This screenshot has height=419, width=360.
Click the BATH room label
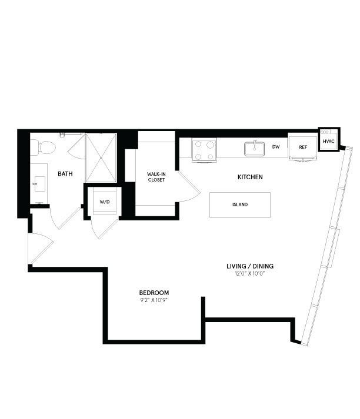pyautogui.click(x=65, y=174)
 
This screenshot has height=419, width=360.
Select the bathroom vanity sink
pyautogui.click(x=39, y=184)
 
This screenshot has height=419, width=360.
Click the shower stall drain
pyautogui.click(x=101, y=158)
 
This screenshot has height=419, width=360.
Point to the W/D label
pyautogui.click(x=105, y=202)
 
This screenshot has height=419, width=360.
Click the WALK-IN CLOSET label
pyautogui.click(x=156, y=177)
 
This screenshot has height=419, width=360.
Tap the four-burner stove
pyautogui.click(x=204, y=150)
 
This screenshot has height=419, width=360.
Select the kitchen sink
pyautogui.click(x=254, y=149)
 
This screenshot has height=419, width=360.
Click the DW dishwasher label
pyautogui.click(x=276, y=147)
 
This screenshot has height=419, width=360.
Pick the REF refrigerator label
pyautogui.click(x=303, y=148)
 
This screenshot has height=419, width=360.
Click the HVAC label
pyautogui.click(x=328, y=142)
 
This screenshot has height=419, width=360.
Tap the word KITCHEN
pyautogui.click(x=250, y=177)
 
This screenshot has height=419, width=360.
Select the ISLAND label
pyautogui.click(x=240, y=205)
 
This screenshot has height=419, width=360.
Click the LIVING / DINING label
pyautogui.click(x=250, y=266)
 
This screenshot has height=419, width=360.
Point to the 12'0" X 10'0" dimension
pyautogui.click(x=250, y=274)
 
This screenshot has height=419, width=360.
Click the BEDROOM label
pyautogui.click(x=154, y=293)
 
